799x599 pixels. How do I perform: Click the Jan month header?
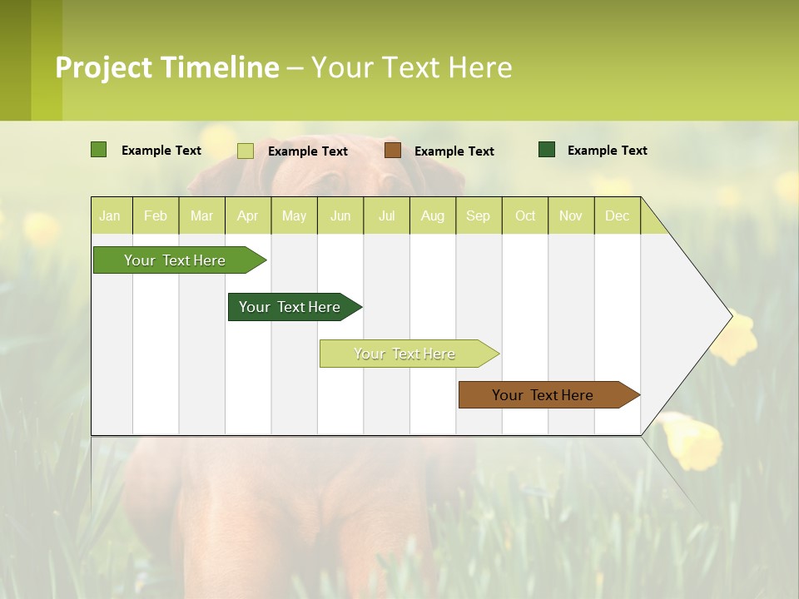tap(110, 215)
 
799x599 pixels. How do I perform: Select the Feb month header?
tap(156, 215)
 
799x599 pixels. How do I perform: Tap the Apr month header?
tap(247, 215)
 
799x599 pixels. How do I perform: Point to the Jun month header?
tap(340, 215)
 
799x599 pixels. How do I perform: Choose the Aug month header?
tap(432, 215)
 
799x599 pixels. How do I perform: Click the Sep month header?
tap(478, 215)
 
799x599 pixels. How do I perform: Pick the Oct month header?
tap(525, 215)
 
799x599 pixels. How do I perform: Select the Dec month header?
tap(617, 215)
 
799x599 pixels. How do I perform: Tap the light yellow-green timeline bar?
tap(405, 354)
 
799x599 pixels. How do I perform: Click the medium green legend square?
tap(99, 150)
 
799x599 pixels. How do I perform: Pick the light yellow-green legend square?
tap(246, 151)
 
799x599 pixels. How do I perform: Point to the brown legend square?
tap(393, 151)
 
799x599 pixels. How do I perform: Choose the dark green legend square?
tap(547, 150)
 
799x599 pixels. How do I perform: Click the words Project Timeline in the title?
tap(167, 67)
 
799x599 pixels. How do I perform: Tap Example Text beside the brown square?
tap(454, 151)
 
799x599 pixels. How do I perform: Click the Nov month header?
tap(571, 215)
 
